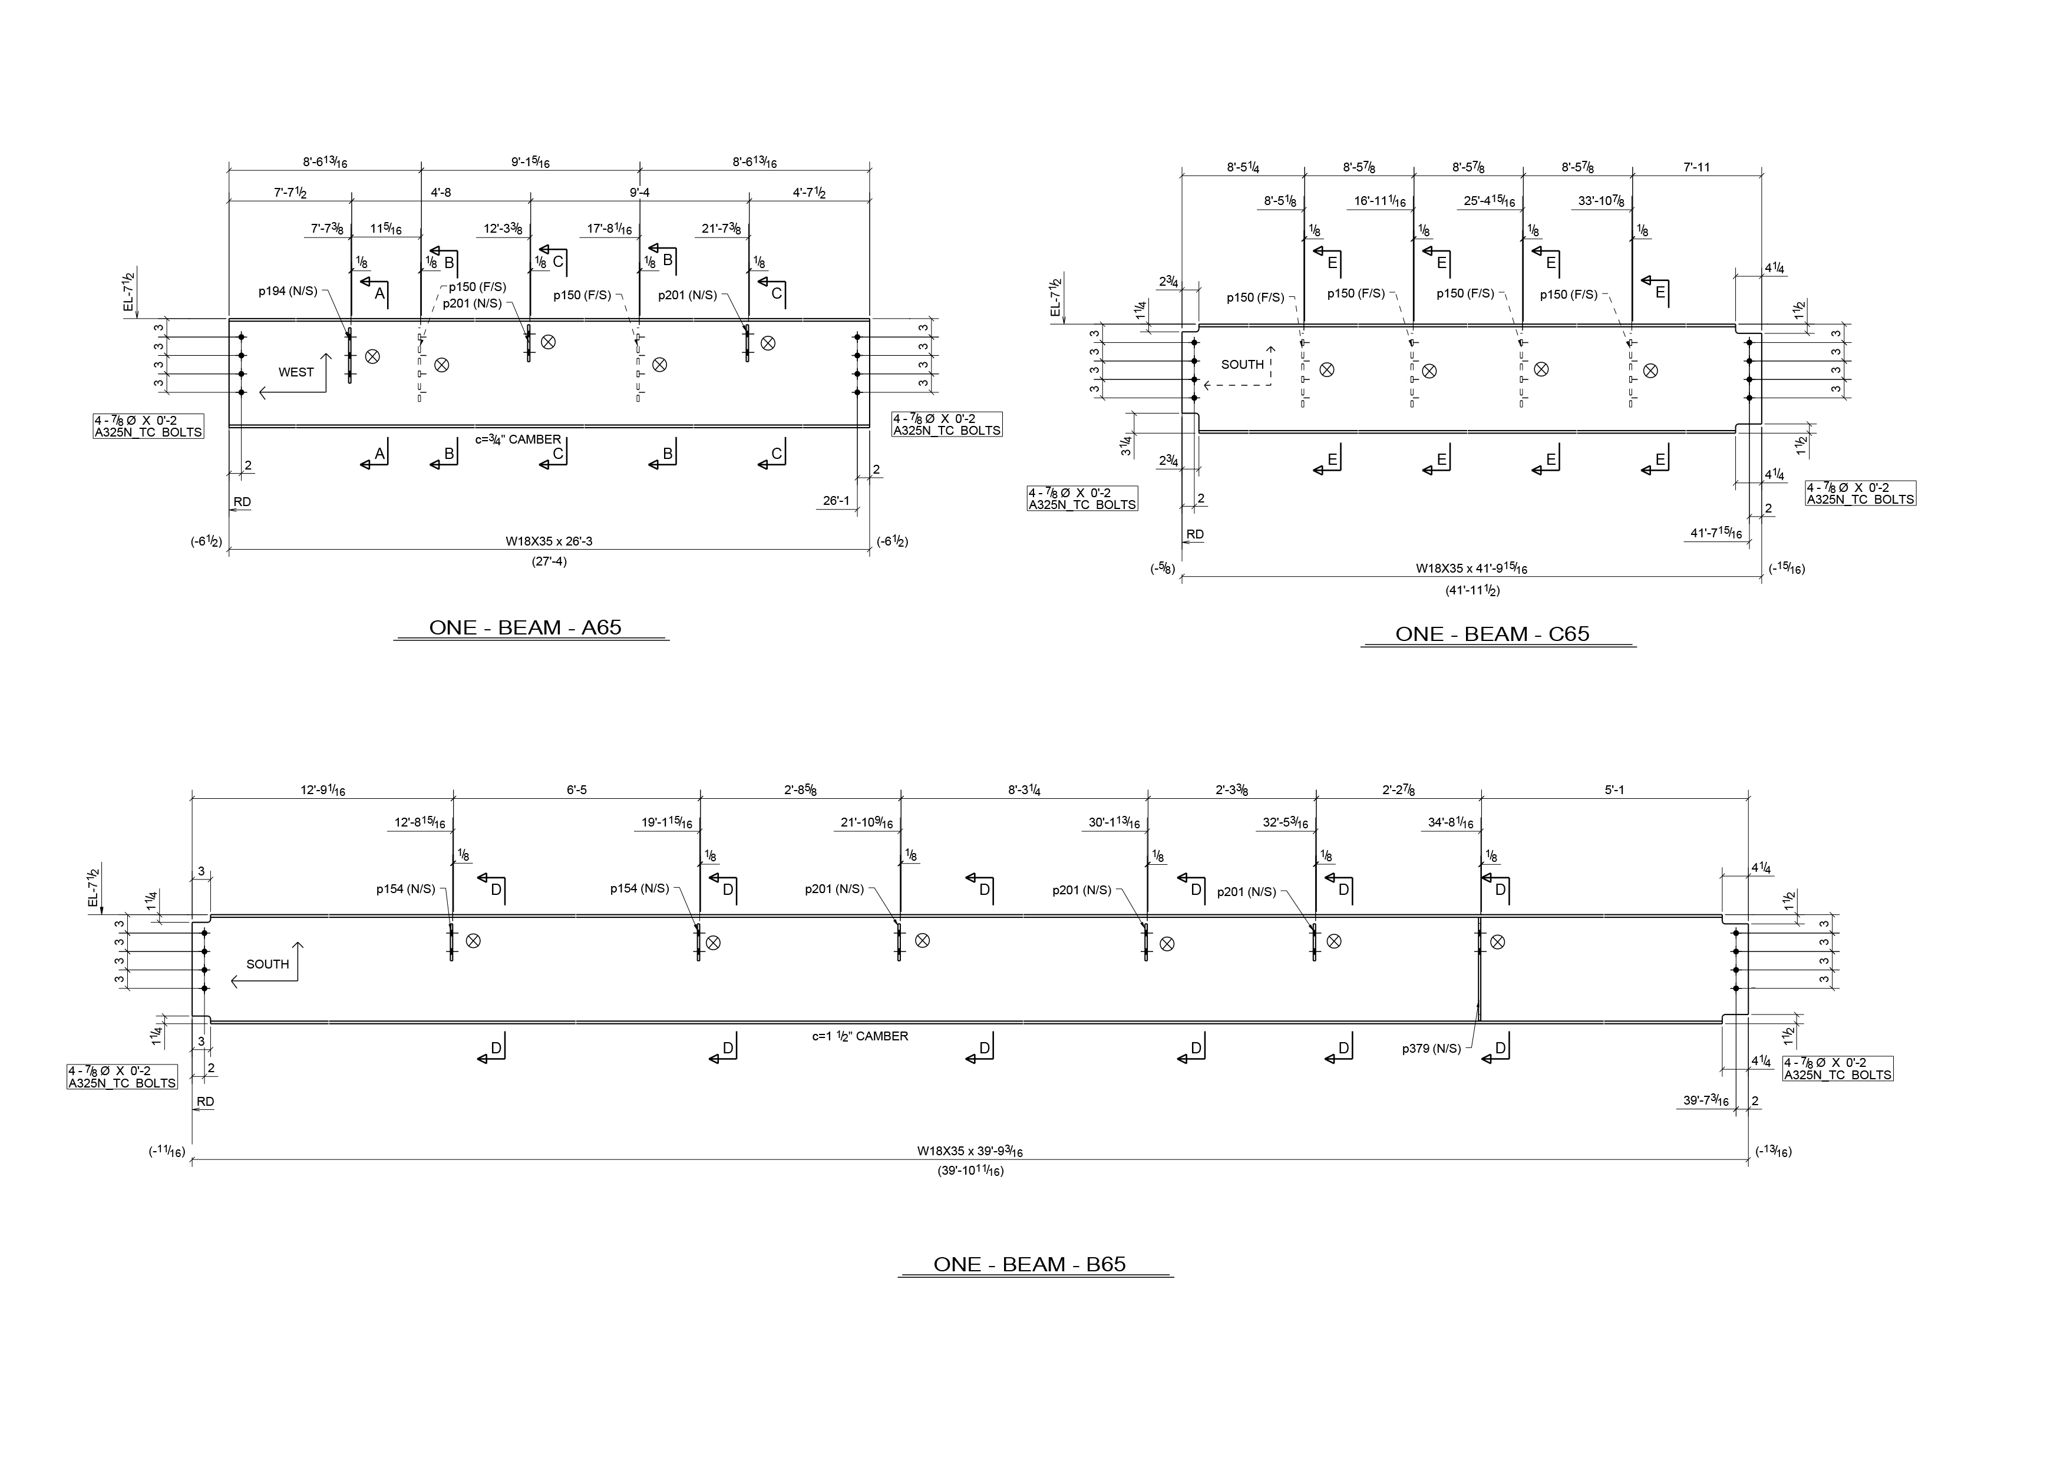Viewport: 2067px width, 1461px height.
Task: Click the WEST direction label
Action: tap(296, 372)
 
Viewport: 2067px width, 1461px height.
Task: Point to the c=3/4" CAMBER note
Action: tap(518, 439)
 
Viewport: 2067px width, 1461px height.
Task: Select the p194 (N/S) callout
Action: tap(287, 291)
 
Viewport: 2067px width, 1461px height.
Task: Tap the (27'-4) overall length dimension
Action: tap(549, 561)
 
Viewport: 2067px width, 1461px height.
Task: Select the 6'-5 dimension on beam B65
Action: tap(576, 791)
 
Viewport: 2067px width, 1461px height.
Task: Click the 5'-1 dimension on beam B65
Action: tap(1614, 791)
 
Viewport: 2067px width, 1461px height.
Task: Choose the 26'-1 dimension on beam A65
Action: tap(836, 501)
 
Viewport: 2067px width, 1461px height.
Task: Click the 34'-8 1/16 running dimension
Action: tap(1450, 823)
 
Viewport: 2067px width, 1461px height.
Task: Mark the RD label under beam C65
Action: tap(1194, 535)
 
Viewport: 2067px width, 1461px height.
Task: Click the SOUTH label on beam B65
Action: tap(268, 964)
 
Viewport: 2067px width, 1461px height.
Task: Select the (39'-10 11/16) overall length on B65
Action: tap(970, 1171)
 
